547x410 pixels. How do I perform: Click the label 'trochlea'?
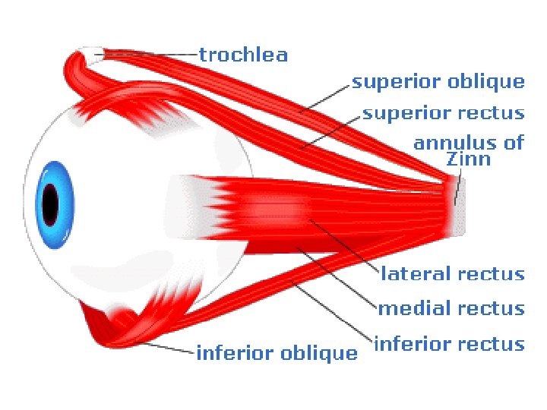click(243, 55)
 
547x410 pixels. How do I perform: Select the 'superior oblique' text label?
click(438, 82)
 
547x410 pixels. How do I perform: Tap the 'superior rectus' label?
click(444, 114)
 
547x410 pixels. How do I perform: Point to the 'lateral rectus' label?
click(453, 274)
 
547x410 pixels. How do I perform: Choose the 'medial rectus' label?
click(451, 309)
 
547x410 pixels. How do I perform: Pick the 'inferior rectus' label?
click(450, 345)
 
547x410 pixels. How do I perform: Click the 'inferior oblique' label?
click(277, 354)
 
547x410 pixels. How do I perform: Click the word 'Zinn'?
click(469, 159)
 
